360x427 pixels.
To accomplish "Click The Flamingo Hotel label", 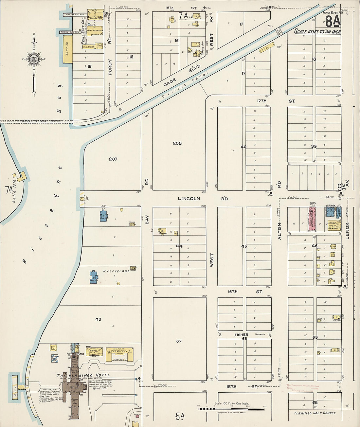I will click(x=83, y=375).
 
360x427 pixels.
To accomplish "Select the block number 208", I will click(x=177, y=143).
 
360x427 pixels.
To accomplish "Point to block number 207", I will click(x=113, y=159).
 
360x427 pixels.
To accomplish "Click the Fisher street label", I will click(x=241, y=335).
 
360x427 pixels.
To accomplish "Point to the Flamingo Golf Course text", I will click(x=315, y=413).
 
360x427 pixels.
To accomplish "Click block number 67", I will click(x=179, y=341).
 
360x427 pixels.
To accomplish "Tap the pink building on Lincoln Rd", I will click(x=313, y=219).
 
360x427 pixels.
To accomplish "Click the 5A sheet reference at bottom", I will click(x=180, y=416).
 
